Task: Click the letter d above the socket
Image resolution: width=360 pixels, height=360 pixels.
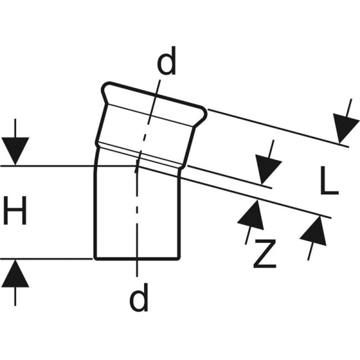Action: click(167, 61)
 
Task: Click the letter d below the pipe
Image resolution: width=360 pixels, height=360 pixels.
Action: click(139, 297)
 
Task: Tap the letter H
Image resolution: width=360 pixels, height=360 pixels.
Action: click(15, 211)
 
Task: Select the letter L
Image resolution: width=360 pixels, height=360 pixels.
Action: click(329, 181)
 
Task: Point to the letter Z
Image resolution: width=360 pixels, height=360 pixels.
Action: click(265, 254)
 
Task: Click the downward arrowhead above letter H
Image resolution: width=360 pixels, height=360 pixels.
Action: click(15, 151)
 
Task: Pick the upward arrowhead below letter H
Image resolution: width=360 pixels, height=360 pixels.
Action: click(15, 273)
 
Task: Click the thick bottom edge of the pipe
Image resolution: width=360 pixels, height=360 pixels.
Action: click(137, 259)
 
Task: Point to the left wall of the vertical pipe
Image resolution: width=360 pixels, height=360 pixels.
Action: click(95, 212)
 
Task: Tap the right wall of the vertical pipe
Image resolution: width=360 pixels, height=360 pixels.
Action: click(179, 215)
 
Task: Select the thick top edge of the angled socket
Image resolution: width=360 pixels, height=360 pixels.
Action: click(155, 95)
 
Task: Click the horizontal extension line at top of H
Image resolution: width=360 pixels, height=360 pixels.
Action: click(69, 166)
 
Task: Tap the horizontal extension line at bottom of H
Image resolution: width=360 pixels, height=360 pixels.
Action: click(46, 259)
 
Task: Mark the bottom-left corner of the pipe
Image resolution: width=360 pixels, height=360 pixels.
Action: click(95, 259)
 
